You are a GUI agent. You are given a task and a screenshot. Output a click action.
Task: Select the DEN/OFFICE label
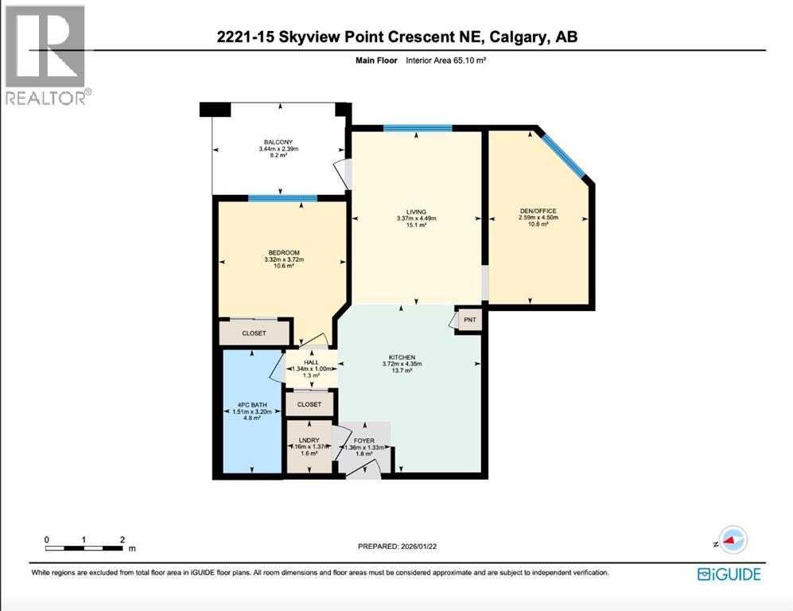coord(538,211)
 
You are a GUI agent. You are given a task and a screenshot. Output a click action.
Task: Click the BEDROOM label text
coord(283,253)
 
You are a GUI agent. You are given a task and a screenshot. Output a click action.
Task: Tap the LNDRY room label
coord(309,440)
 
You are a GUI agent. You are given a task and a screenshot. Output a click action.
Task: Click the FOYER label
coord(363,440)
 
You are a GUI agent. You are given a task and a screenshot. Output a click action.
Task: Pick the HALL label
coord(311,362)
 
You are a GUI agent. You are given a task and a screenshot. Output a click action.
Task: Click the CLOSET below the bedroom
coord(255,333)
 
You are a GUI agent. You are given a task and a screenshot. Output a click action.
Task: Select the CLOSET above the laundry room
coord(309,404)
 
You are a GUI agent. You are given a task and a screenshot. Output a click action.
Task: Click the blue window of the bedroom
coord(282,198)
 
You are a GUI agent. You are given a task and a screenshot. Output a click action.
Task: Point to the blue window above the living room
coord(418,128)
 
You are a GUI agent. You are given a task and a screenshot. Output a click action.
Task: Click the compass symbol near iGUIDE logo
coord(730,540)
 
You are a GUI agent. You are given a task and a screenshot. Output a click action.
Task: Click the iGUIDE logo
coord(729,574)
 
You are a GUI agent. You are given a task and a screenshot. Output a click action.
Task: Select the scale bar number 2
coord(122,539)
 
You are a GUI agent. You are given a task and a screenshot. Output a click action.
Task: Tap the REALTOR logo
coord(47,54)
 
